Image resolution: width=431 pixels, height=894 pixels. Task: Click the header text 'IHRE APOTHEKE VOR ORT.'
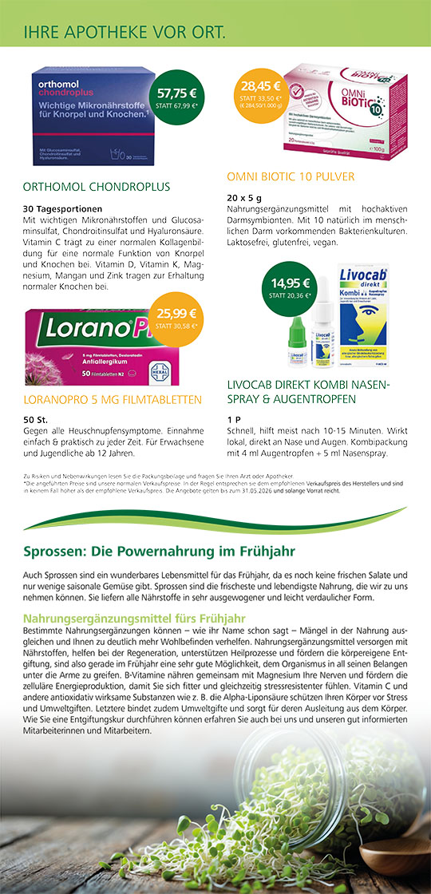125,33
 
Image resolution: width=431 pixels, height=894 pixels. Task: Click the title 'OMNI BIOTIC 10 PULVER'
291,176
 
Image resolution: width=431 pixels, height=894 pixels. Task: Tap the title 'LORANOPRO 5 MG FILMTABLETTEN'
113,399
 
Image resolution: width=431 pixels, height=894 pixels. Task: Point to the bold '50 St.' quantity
37,420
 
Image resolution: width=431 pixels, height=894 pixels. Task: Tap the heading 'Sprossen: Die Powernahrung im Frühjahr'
160,552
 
